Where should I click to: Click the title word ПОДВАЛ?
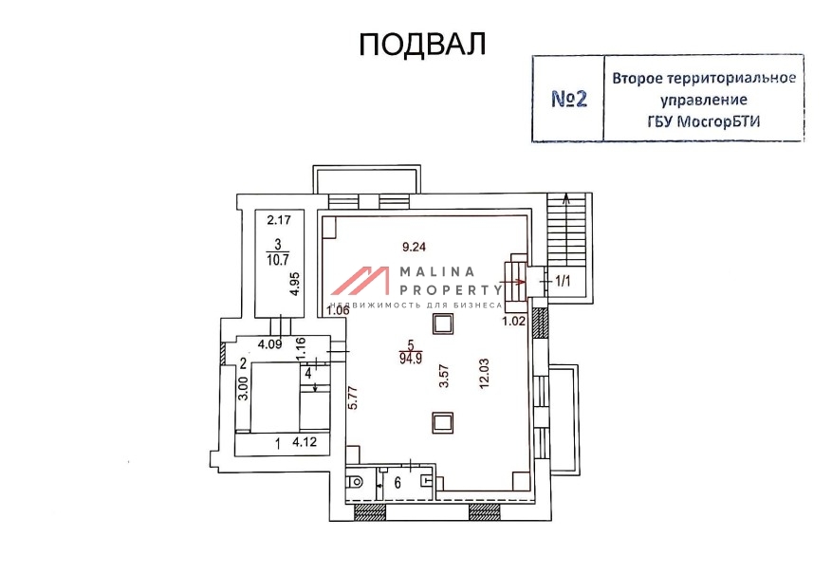[x=422, y=44]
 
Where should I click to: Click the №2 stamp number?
[x=569, y=99]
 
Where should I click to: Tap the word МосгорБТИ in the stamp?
[x=719, y=121]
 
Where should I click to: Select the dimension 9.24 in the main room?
[x=415, y=247]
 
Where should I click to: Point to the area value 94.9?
[x=411, y=360]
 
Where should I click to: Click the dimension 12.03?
[x=484, y=374]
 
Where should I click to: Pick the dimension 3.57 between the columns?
[x=444, y=376]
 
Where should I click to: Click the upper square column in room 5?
[x=442, y=324]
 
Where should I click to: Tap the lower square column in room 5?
[x=442, y=423]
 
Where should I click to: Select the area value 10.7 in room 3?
[x=278, y=260]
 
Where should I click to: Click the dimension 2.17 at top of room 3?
[x=279, y=219]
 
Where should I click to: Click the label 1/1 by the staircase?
[x=563, y=281]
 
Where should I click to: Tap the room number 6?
[x=398, y=483]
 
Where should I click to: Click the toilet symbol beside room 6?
[x=355, y=482]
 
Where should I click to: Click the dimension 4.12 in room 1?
[x=305, y=442]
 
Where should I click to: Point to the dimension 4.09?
[x=269, y=344]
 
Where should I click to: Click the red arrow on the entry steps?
[x=512, y=282]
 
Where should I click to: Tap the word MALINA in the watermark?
[x=437, y=272]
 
